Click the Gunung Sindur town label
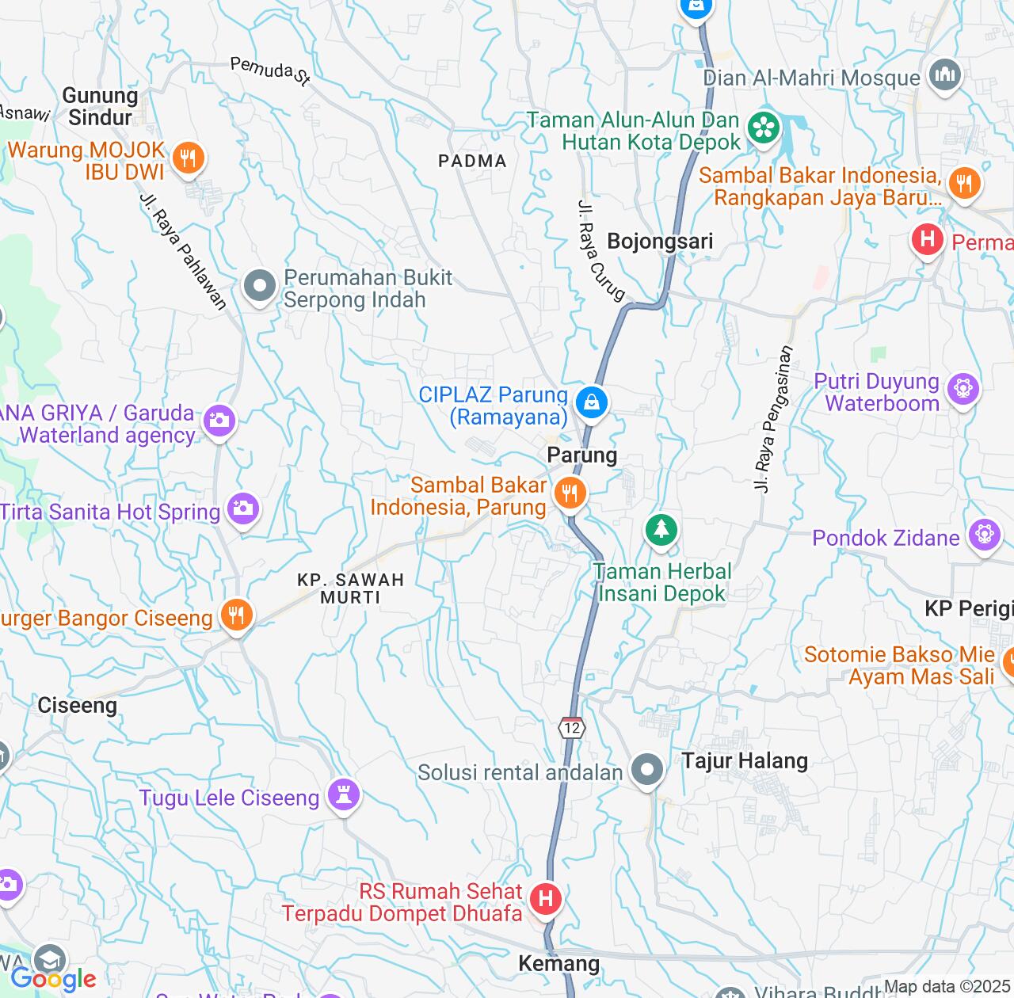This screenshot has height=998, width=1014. tap(100, 107)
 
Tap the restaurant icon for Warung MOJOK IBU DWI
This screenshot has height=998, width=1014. tap(188, 158)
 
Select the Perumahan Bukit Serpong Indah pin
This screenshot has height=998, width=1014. tap(260, 287)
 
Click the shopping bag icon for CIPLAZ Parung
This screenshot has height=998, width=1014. tap(591, 402)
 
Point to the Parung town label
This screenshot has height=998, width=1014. tap(581, 455)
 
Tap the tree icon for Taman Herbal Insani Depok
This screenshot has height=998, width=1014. tap(661, 528)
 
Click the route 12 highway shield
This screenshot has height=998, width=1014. tap(572, 728)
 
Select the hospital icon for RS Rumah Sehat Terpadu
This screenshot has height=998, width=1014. tap(545, 899)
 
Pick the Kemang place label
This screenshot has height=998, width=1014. tap(558, 963)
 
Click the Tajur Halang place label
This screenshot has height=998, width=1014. tap(745, 761)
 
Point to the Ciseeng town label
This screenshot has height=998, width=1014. tap(78, 705)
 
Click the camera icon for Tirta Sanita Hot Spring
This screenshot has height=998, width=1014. tap(242, 508)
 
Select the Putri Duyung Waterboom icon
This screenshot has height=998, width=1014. tap(963, 388)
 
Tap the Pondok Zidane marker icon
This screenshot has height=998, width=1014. tap(984, 535)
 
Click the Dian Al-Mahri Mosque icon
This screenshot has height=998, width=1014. tap(944, 75)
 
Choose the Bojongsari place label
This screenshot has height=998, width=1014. tap(660, 242)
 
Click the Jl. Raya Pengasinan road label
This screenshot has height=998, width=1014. tap(773, 419)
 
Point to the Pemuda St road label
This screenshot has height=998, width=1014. tap(270, 70)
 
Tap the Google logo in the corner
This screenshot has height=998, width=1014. tap(53, 979)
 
